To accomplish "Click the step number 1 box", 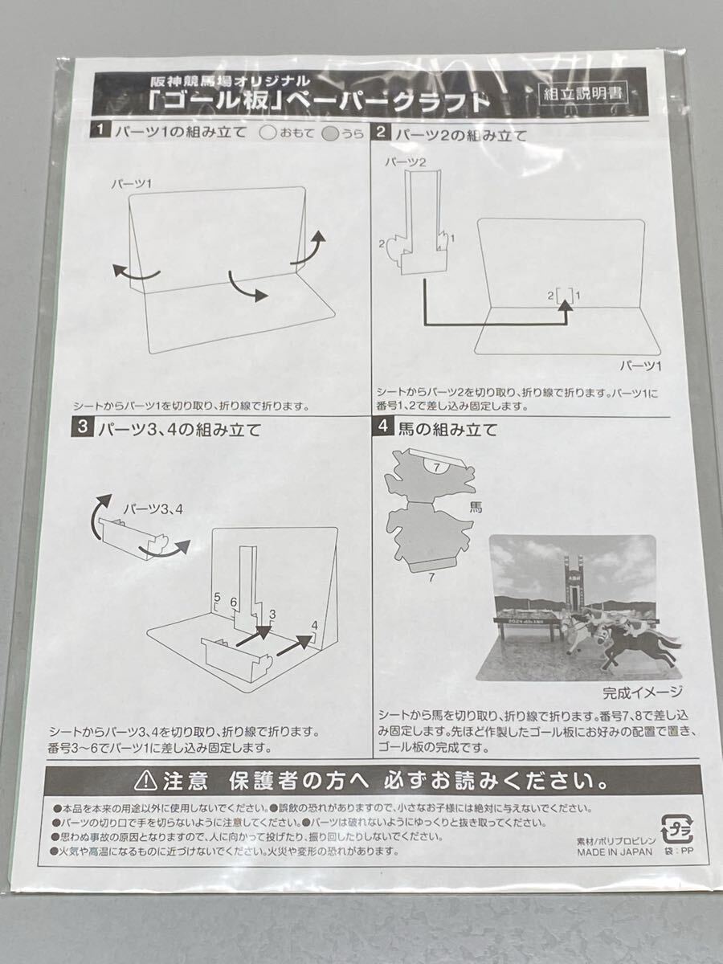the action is click(100, 130).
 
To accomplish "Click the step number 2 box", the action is click(381, 133).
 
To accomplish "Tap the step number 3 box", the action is click(82, 428).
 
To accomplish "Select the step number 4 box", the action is click(383, 426).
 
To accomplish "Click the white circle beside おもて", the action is click(268, 133).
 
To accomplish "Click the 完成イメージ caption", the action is click(642, 692).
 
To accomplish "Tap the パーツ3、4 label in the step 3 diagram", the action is click(153, 509).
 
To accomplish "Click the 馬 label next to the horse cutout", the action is click(476, 508).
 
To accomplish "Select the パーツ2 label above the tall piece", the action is click(405, 162).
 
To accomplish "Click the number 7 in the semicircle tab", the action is click(436, 468).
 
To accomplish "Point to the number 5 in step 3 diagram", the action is click(217, 598).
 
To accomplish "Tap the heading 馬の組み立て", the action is click(447, 429).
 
